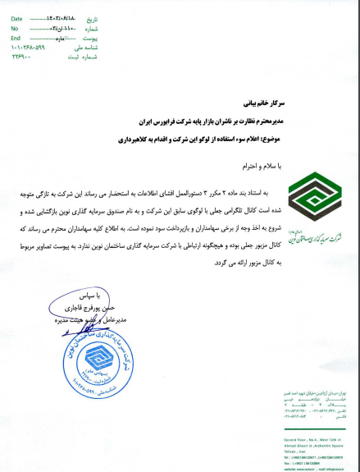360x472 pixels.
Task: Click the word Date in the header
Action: pos(16,17)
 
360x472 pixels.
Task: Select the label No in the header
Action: pos(14,28)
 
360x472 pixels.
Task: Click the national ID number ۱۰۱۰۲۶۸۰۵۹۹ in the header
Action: pos(29,48)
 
